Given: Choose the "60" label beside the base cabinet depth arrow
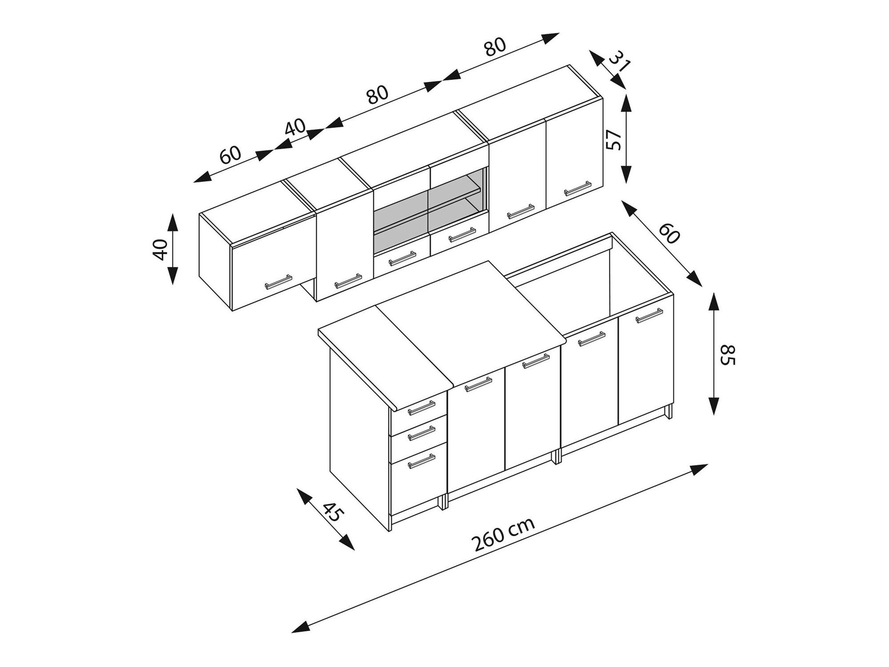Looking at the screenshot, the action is [669, 233].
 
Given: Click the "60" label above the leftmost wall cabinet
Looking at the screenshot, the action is [230, 154].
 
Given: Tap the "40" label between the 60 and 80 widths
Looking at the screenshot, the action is [296, 128].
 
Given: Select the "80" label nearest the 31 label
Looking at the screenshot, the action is [495, 46].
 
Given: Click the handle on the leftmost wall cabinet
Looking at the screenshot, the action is [278, 282].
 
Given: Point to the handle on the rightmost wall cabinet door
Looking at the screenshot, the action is [577, 189].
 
